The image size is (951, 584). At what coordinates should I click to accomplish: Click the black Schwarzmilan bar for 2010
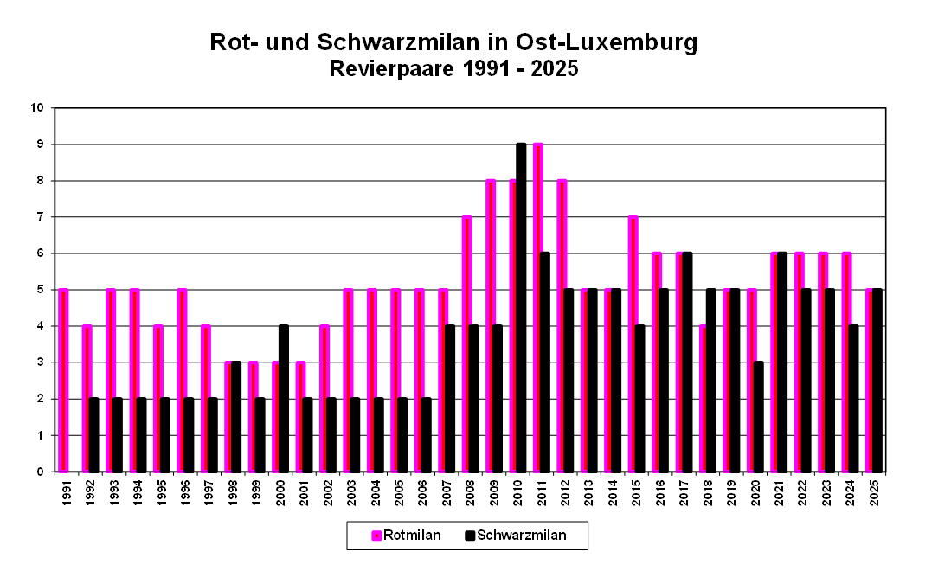coord(521,307)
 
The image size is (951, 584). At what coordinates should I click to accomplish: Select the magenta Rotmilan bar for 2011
coord(537,307)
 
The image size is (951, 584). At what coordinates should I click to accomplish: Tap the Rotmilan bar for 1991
coord(63,381)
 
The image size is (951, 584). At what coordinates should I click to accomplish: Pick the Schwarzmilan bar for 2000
coord(284,398)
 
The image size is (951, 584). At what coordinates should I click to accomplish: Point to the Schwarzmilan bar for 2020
coord(758,417)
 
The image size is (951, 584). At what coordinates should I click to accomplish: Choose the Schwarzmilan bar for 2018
coord(710,381)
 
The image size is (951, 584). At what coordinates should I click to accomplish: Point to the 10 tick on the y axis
coord(37,108)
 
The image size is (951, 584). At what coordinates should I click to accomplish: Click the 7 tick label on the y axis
coord(40,217)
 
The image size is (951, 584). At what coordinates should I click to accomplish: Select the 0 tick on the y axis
coord(40,472)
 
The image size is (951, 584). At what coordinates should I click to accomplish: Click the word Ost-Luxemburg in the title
coord(606,42)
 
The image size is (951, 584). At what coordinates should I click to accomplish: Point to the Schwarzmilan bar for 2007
coord(450,399)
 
